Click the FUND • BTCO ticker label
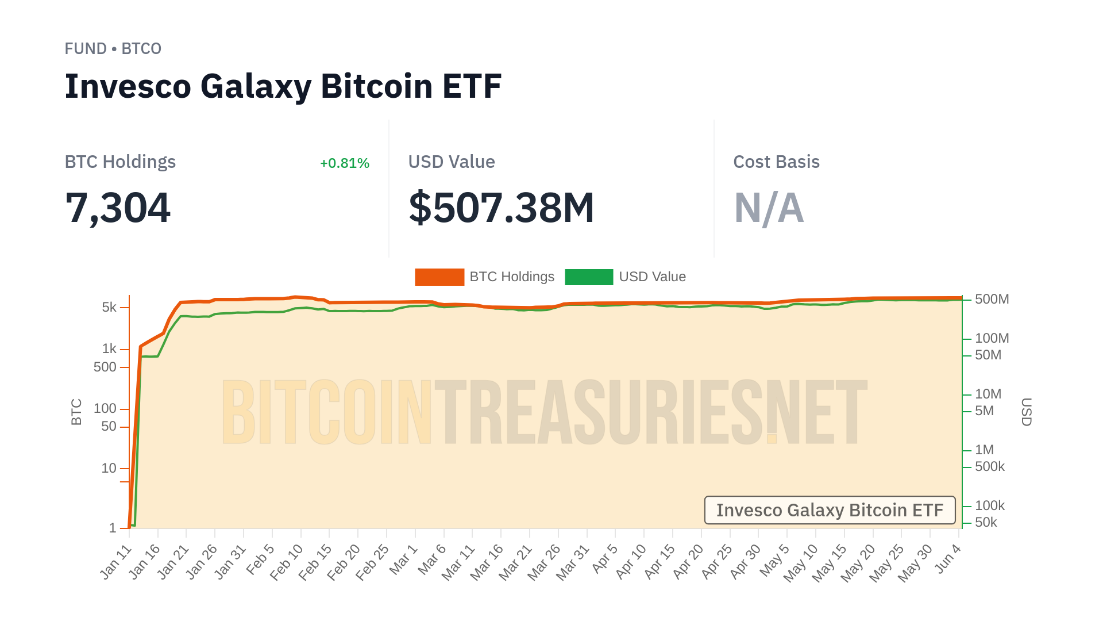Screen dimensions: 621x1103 click(x=113, y=49)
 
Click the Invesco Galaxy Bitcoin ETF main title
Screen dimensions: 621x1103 click(x=283, y=86)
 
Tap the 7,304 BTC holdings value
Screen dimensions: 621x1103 click(x=118, y=208)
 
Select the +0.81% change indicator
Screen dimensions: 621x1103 click(x=344, y=163)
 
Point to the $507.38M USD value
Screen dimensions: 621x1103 click(x=501, y=208)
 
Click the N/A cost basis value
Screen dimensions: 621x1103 click(x=769, y=208)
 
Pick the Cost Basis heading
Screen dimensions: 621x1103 click(x=776, y=162)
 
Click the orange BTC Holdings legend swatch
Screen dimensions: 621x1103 click(x=439, y=277)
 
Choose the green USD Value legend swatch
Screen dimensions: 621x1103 click(x=589, y=277)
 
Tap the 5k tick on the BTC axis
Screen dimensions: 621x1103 click(x=109, y=308)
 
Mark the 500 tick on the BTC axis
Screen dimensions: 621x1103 click(x=105, y=367)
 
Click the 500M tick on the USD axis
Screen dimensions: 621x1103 click(x=992, y=300)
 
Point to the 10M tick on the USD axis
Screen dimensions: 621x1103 click(x=988, y=394)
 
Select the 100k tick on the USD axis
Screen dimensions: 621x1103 click(x=989, y=506)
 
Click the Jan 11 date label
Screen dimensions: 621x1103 click(x=117, y=562)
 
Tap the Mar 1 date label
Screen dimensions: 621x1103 click(x=403, y=559)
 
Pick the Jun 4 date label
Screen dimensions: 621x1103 click(x=948, y=559)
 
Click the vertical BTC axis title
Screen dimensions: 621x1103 click(x=76, y=412)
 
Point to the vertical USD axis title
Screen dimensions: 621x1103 click(x=1027, y=412)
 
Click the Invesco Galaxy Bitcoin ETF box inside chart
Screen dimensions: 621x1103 click(x=830, y=510)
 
